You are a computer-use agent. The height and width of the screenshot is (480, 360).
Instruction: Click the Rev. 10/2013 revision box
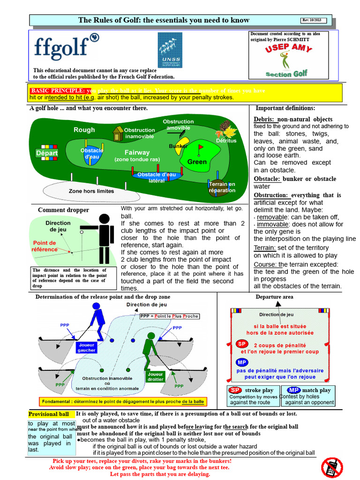point(316,20)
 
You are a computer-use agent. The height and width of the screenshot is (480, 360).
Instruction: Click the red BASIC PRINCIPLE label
point(58,90)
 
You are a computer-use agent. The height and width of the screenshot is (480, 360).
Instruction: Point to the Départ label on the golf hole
point(47,153)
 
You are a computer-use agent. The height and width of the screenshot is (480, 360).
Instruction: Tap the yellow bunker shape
point(182,147)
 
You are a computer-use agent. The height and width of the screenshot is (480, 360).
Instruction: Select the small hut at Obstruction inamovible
point(118,134)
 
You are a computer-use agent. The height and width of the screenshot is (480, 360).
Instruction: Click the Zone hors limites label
point(91,191)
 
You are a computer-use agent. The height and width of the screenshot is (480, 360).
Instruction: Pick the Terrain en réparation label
point(223,187)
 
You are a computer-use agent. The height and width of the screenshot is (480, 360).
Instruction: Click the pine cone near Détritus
point(225,126)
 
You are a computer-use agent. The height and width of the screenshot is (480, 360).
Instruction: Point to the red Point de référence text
point(45,246)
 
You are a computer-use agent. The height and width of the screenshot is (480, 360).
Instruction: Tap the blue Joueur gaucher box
point(87,347)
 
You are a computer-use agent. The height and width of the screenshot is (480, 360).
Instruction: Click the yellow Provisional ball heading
point(49,414)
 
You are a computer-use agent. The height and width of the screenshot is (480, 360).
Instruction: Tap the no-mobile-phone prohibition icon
point(332,467)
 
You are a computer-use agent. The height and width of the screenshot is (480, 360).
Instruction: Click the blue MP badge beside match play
point(294,390)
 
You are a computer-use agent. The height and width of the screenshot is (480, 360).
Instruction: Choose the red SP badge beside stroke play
point(235,390)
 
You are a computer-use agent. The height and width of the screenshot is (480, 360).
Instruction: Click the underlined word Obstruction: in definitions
point(270,195)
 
